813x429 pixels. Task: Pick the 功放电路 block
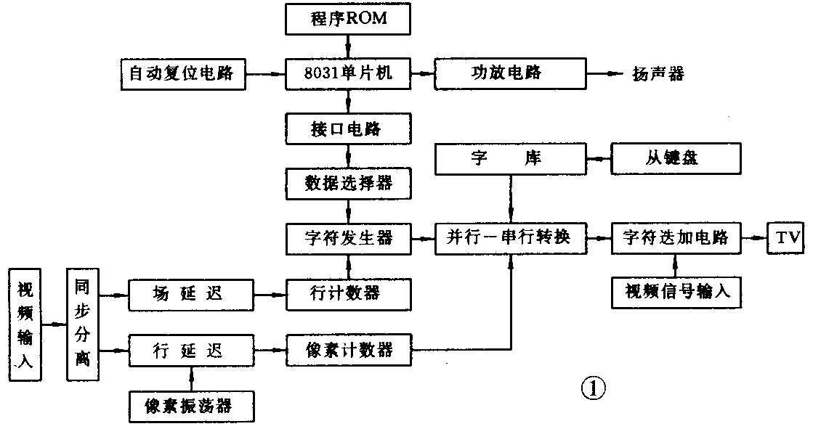coord(509,73)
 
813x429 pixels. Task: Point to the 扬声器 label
coord(658,74)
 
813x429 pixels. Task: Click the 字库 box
coord(509,158)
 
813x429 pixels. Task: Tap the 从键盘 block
coord(676,158)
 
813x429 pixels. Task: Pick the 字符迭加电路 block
coord(676,237)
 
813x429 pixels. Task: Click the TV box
coord(786,237)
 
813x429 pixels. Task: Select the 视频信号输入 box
coord(676,293)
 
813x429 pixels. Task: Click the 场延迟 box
coord(191,294)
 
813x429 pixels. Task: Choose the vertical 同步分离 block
coord(82,324)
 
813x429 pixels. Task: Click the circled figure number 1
coord(592,388)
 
